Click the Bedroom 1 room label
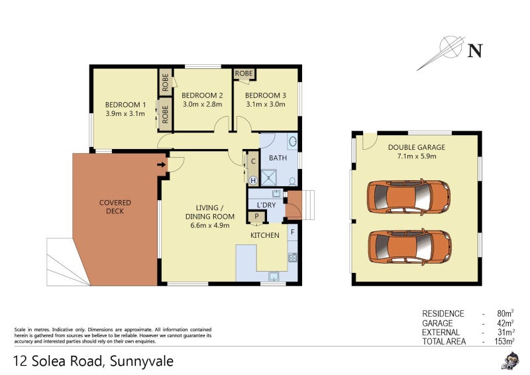126,105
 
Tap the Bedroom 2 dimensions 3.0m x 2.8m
202,105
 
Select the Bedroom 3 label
265,95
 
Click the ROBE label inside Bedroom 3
244,74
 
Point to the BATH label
278,158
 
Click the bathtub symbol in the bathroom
292,142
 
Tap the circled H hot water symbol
252,180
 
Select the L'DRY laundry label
266,205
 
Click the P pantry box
256,217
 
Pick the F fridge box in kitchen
292,232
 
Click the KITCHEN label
264,235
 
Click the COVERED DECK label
115,207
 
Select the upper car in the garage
408,197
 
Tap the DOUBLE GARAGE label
416,147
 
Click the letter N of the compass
474,50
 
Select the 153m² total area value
504,341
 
